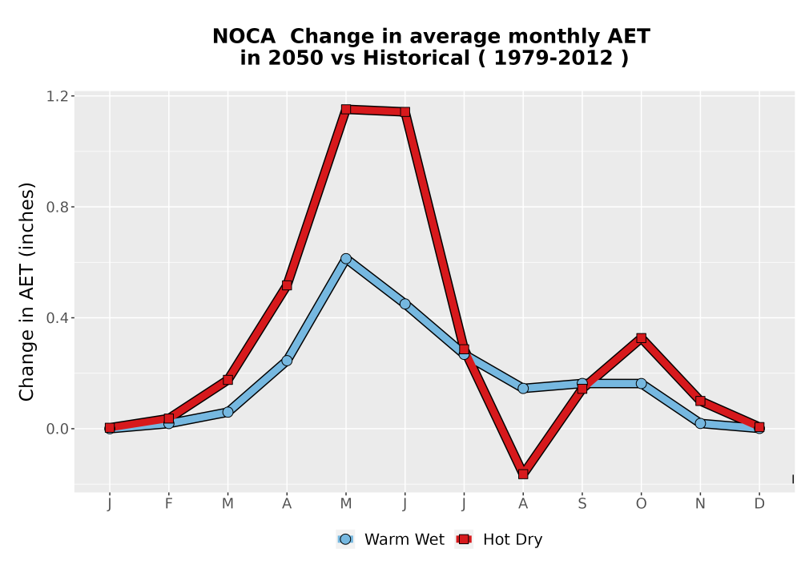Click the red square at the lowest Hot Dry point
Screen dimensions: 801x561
click(x=523, y=474)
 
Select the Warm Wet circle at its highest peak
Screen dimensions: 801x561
click(x=346, y=259)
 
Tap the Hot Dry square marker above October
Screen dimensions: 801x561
click(x=641, y=337)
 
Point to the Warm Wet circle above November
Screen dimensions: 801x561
click(x=700, y=423)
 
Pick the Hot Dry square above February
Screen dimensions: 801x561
click(x=168, y=418)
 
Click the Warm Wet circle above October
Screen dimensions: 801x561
click(x=641, y=383)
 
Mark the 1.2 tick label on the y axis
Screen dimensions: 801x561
click(x=57, y=96)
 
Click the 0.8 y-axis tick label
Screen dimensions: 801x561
click(x=57, y=207)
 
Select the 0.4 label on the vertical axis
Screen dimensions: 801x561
click(x=57, y=318)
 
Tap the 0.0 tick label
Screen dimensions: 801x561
click(x=57, y=429)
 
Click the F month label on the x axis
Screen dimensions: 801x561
click(x=168, y=504)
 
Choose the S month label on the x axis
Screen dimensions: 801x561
click(x=582, y=504)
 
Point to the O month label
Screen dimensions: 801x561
click(x=641, y=504)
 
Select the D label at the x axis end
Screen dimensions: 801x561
click(x=759, y=504)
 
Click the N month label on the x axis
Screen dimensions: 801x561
click(x=700, y=504)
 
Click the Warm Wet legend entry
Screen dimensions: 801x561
click(x=390, y=539)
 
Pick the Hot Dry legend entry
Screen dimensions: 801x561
click(x=498, y=539)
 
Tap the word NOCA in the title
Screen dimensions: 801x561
click(x=244, y=36)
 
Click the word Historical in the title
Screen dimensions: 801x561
click(x=417, y=58)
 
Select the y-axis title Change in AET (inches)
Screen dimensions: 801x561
click(x=26, y=291)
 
